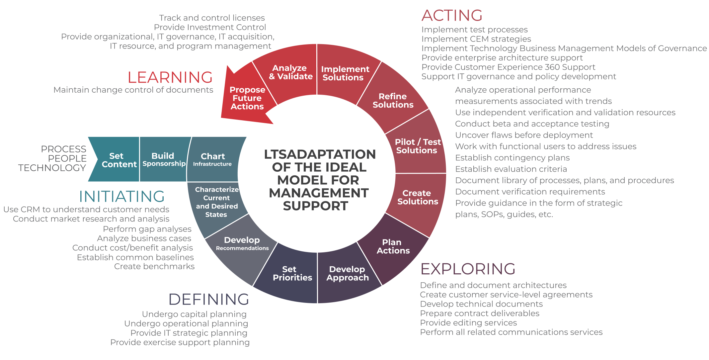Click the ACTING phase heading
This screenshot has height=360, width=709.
coord(452,16)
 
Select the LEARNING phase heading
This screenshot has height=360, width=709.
coord(170,77)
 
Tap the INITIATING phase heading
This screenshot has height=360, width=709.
coord(122,196)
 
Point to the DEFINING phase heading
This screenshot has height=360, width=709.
coord(209,299)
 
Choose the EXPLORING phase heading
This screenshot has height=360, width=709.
coord(468,269)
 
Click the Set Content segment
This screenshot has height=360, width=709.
coord(118,160)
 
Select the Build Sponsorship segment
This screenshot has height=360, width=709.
coord(164,160)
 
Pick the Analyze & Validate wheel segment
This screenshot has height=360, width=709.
coord(290,72)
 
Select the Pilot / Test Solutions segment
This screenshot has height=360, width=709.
coord(417,146)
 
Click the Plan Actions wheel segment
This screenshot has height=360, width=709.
coord(393,247)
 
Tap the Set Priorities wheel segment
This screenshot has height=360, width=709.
coord(292,274)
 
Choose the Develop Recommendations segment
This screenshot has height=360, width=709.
coord(242,244)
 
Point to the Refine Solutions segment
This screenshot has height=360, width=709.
coord(393,101)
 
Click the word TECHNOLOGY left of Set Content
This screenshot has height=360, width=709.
coord(52,168)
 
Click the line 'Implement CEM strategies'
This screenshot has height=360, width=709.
coord(476,39)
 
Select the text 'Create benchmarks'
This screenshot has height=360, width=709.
coord(154,266)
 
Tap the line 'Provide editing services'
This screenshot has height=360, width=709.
coord(468,323)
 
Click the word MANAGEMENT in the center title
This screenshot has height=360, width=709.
coord(319,193)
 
